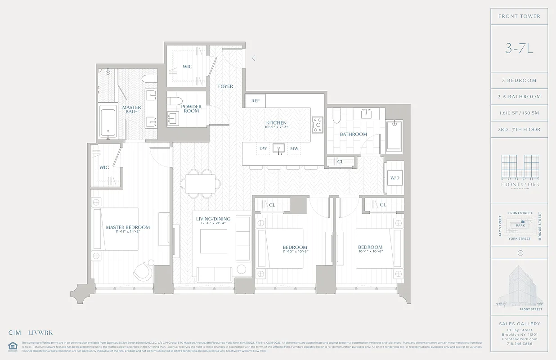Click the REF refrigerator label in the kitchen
click(255, 101)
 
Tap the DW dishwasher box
click(263, 148)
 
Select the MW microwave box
click(294, 148)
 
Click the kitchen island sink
click(278, 148)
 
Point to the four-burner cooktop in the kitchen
click(318, 124)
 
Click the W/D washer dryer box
click(395, 178)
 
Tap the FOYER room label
click(225, 86)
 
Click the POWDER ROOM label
click(191, 109)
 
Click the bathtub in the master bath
click(108, 121)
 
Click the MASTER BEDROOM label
click(128, 227)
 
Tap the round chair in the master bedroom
click(143, 270)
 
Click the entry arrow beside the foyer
click(254, 58)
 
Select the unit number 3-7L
click(519, 49)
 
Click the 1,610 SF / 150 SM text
click(520, 113)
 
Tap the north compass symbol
click(520, 252)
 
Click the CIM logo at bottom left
click(15, 333)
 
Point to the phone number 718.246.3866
click(519, 343)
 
